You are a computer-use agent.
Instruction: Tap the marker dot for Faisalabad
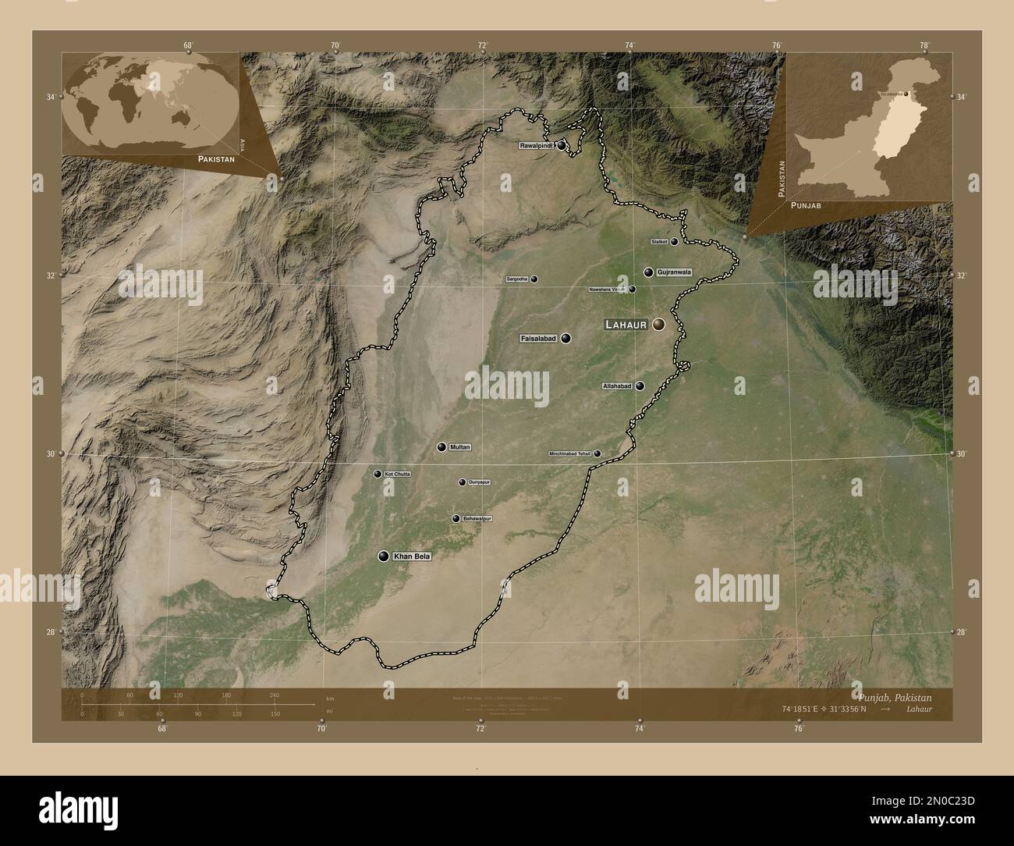click(565, 339)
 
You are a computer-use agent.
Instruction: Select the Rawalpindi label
click(537, 145)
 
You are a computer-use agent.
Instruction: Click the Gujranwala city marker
click(648, 272)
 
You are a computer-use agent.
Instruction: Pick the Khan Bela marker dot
click(383, 556)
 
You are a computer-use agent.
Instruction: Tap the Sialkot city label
click(659, 242)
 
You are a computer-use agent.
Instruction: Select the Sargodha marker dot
click(534, 279)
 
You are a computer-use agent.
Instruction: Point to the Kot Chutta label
click(397, 474)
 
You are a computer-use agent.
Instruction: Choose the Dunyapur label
click(479, 482)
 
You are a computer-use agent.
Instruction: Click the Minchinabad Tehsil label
click(571, 453)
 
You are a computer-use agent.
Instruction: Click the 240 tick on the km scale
click(274, 695)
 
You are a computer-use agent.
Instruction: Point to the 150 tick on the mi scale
click(274, 714)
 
